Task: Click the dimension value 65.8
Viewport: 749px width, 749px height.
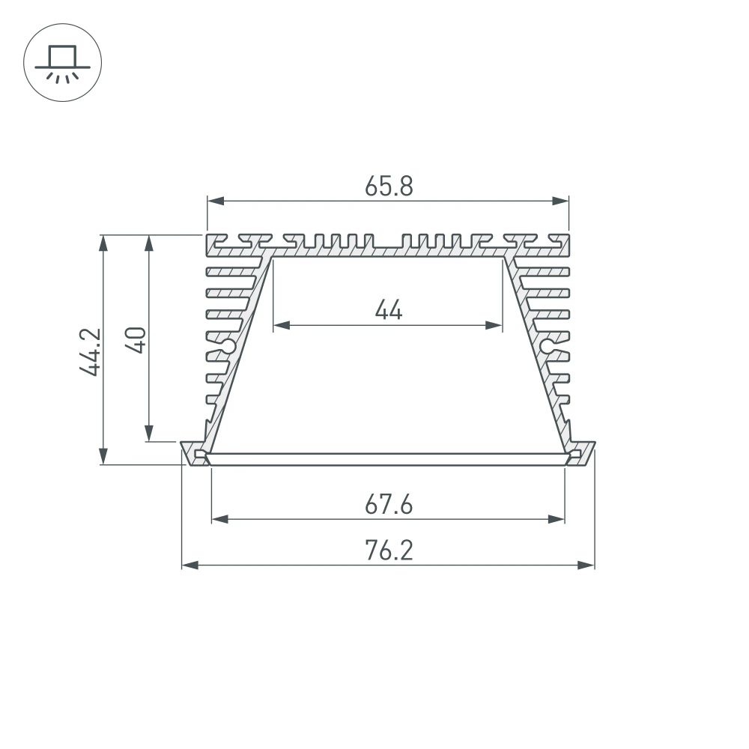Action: (389, 186)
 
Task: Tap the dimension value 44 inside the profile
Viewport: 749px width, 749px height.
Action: (389, 309)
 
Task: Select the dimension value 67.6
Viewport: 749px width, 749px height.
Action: (389, 505)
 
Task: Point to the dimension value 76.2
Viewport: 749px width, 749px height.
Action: (389, 551)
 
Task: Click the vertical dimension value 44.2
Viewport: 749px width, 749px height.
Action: (90, 351)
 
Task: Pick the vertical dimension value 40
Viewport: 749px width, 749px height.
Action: (136, 339)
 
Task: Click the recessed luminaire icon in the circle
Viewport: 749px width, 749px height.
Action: (62, 64)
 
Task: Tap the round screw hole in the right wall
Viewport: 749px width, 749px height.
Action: (550, 346)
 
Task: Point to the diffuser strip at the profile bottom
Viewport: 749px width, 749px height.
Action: (388, 460)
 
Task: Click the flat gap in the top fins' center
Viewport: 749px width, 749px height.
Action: (388, 248)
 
